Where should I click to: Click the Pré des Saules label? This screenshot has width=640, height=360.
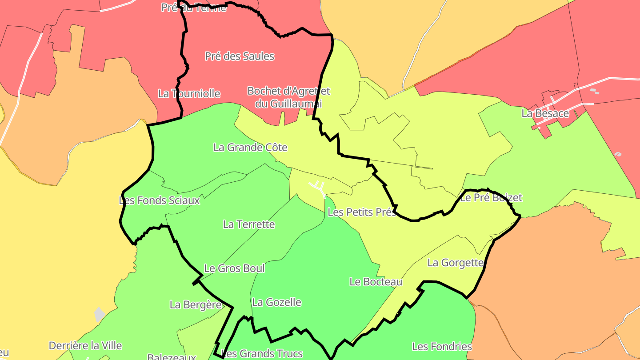coord(239,56)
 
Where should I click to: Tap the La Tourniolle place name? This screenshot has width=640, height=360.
coord(189,94)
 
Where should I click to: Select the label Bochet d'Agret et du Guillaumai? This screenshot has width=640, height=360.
coord(288,97)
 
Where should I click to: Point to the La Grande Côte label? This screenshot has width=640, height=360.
coord(250,148)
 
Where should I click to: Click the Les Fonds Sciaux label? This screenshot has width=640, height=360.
coord(160,200)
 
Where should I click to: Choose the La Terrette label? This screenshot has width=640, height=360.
coord(249,224)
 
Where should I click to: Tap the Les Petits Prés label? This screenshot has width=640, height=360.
coord(361,212)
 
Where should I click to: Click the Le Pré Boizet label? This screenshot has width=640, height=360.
coord(491,198)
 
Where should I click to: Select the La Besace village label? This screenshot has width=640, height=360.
coord(545,113)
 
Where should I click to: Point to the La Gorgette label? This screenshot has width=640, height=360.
coord(455,263)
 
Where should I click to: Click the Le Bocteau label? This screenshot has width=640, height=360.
coord(376,282)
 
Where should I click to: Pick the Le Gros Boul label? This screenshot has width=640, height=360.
coord(234,268)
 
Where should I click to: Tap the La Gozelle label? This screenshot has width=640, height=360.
coord(276,303)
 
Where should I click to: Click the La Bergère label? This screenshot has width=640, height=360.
coord(196,305)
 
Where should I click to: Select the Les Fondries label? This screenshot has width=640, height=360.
coord(442,347)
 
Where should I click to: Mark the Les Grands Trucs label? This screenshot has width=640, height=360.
coord(262,354)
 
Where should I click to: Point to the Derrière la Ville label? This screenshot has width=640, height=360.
coord(85,346)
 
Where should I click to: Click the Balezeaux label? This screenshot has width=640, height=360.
coord(172,357)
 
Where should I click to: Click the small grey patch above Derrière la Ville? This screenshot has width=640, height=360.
coord(99,315)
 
